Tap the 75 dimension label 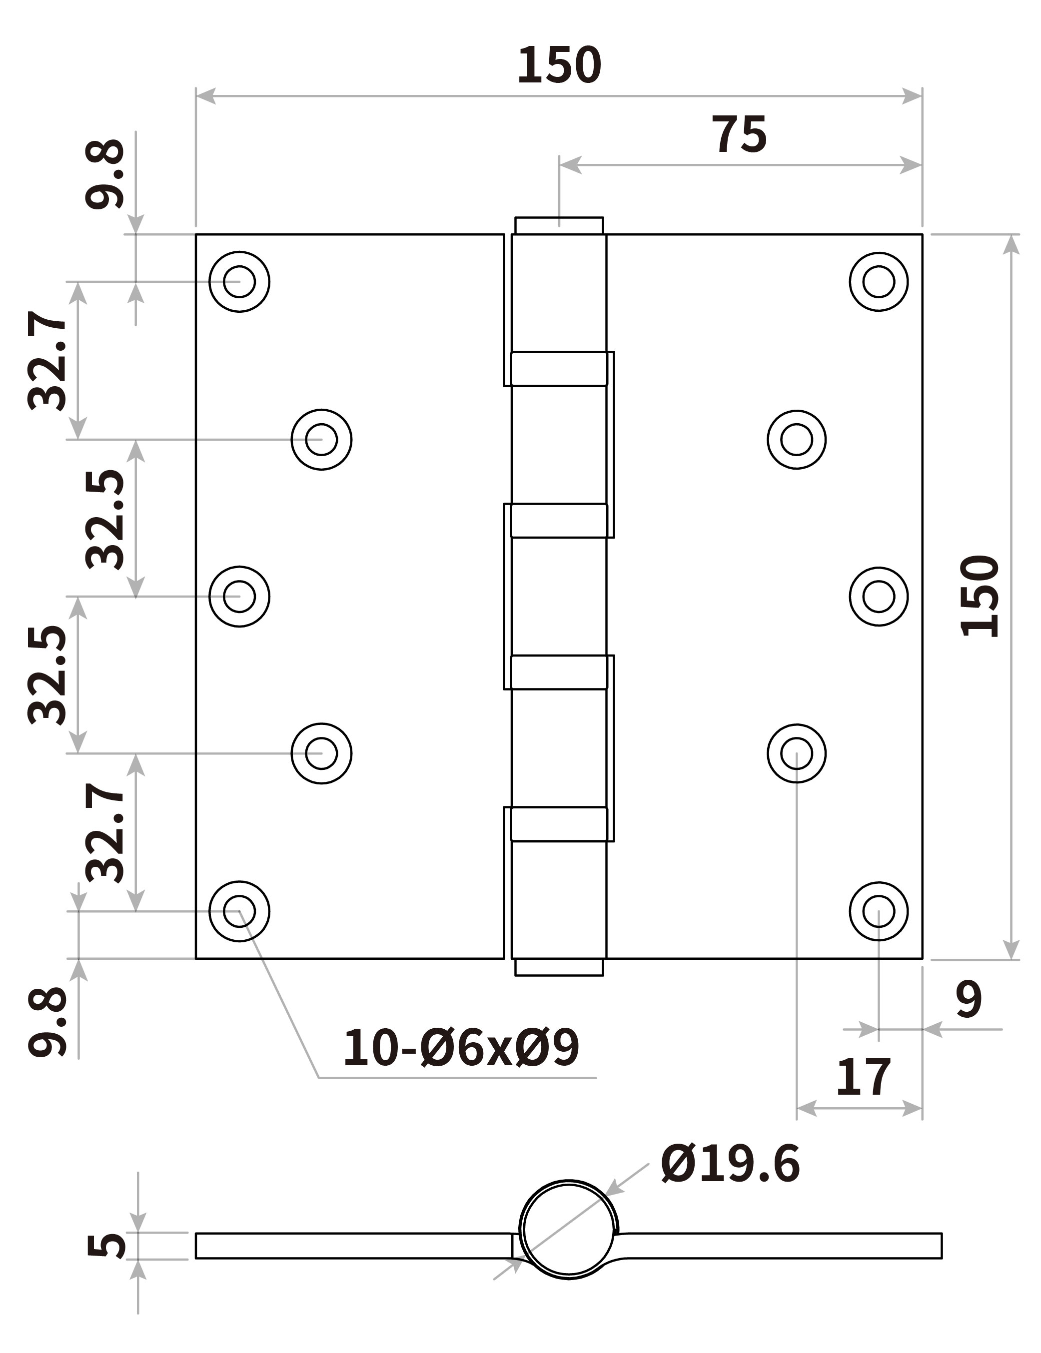pos(739,134)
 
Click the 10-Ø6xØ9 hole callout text pos(461,1048)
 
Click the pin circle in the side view pos(569,1229)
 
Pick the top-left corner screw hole pos(239,281)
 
